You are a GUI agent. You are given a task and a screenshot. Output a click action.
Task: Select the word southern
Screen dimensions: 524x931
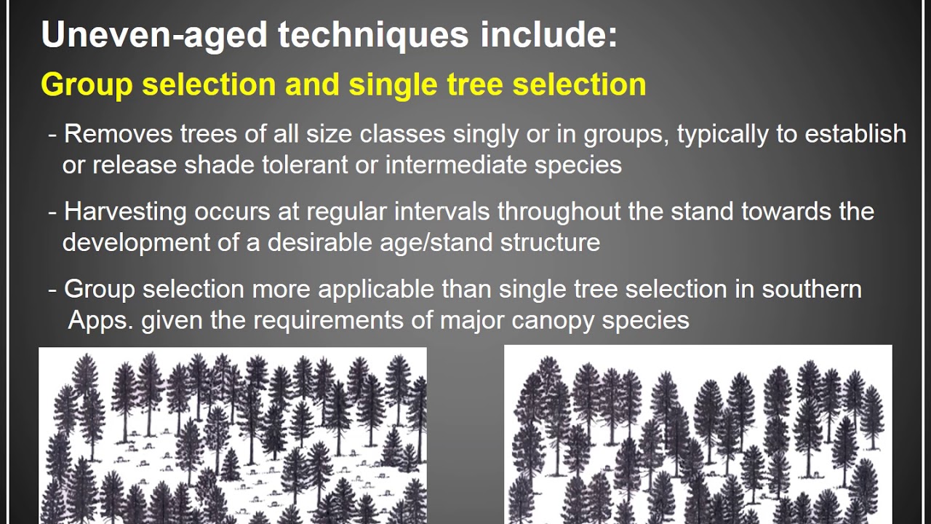(x=811, y=289)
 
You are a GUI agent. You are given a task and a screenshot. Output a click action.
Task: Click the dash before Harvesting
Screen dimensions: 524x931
(x=52, y=213)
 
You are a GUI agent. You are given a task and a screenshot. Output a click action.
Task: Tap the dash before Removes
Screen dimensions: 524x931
(x=52, y=135)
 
